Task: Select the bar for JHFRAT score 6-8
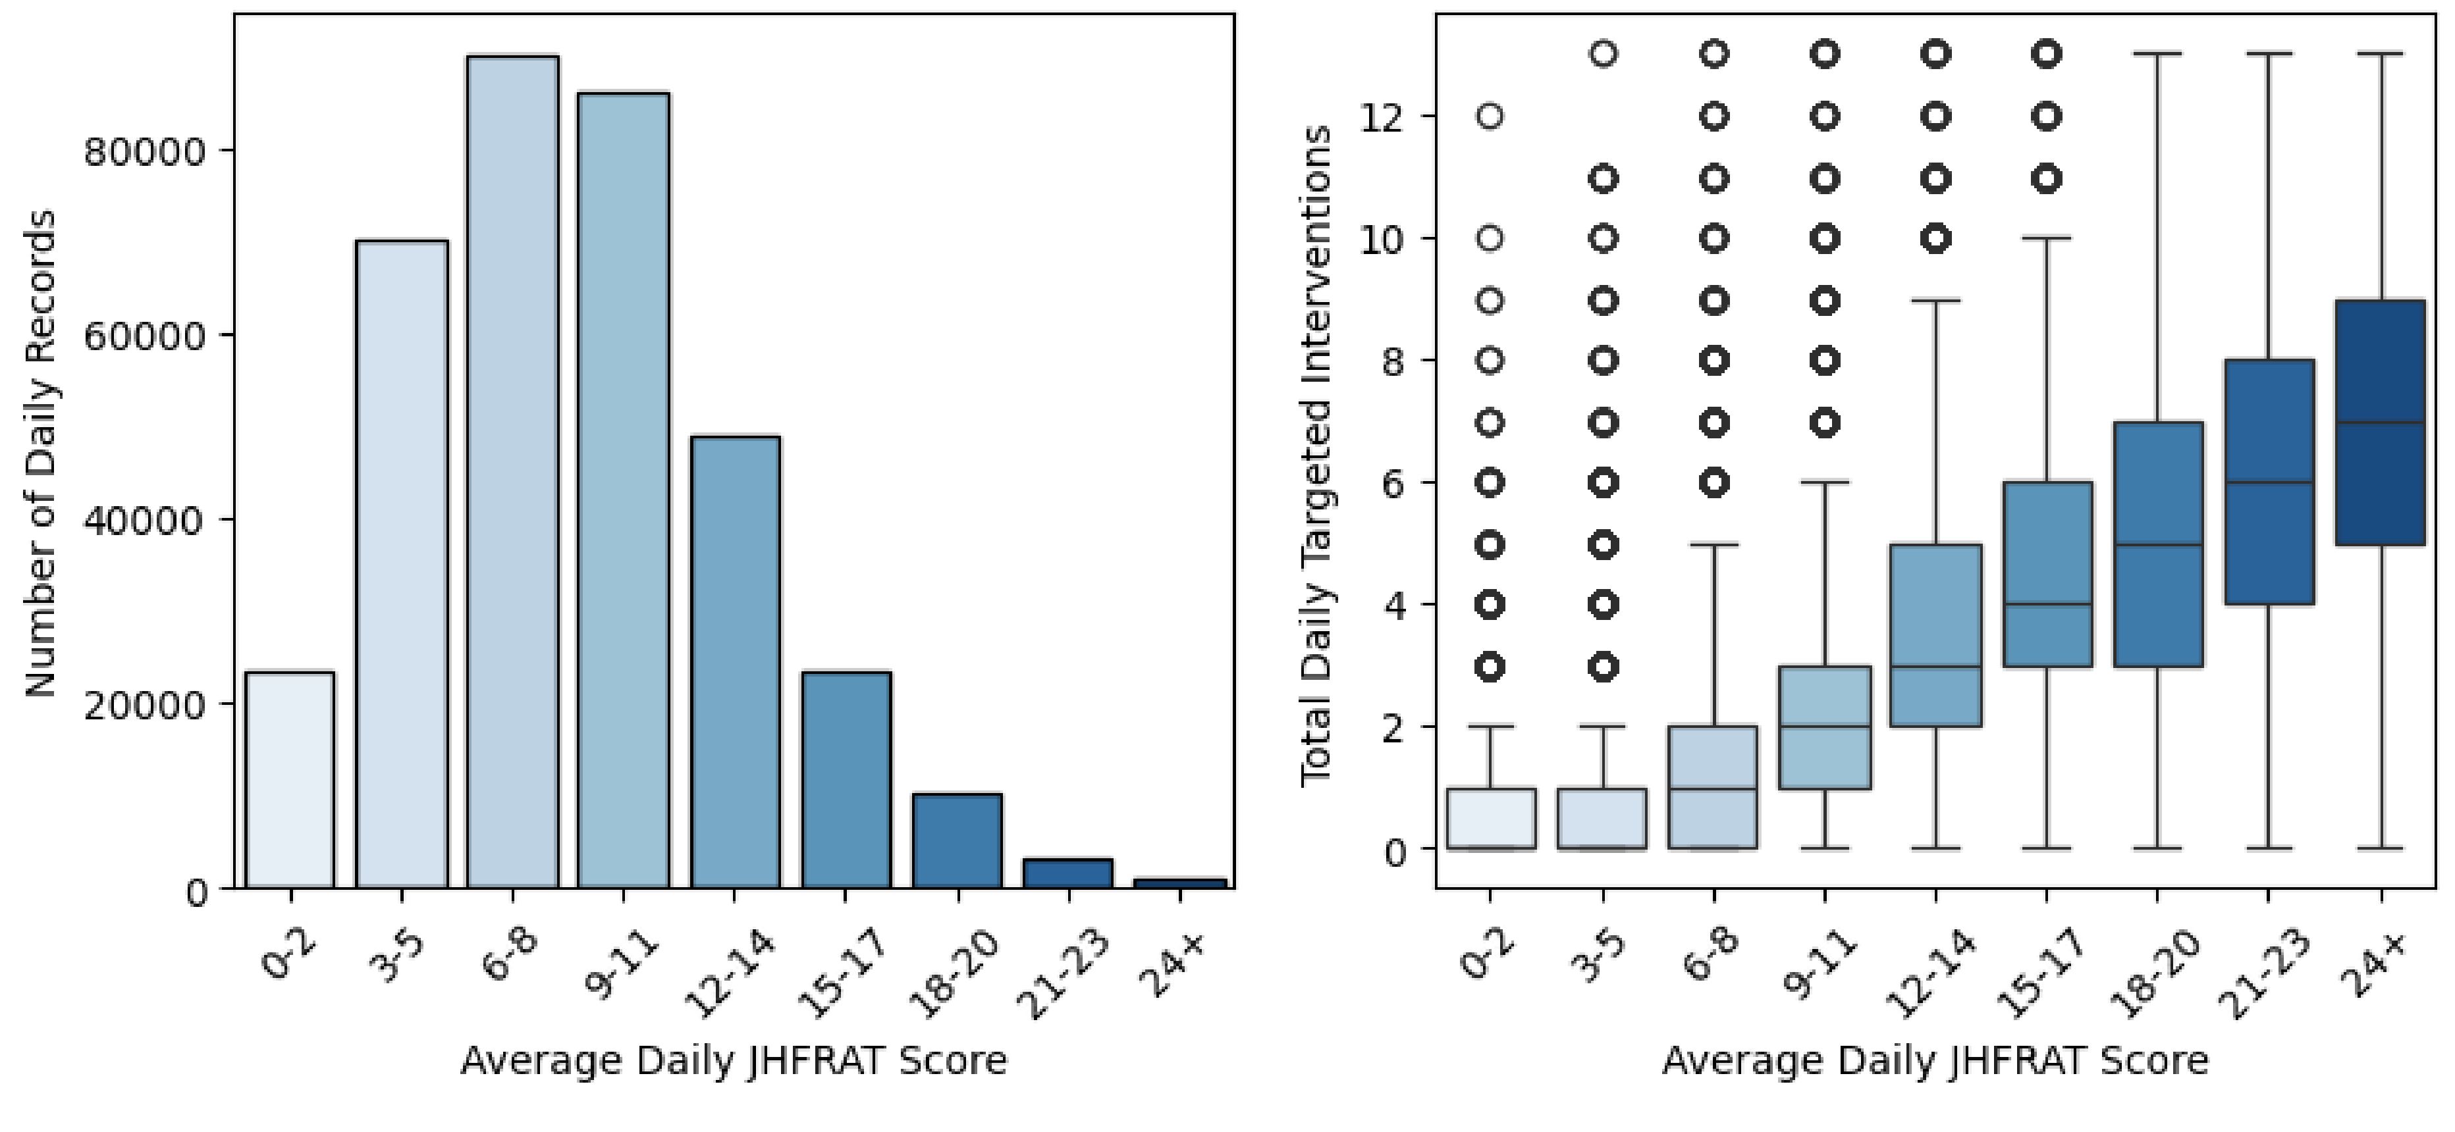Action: [x=513, y=472]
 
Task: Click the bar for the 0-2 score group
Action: [x=290, y=779]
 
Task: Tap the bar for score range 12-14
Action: [x=735, y=661]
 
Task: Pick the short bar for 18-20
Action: [x=957, y=840]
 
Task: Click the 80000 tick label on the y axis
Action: [x=145, y=153]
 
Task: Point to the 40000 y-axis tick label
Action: [x=145, y=521]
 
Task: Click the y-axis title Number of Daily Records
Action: [x=40, y=453]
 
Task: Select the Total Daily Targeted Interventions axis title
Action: [x=1316, y=455]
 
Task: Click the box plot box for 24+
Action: [x=2380, y=422]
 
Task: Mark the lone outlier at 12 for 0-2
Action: [x=1490, y=116]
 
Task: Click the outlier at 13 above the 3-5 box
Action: [x=1604, y=55]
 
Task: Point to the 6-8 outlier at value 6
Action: [x=1715, y=483]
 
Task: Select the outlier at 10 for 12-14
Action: [x=1935, y=238]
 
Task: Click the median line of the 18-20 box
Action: [x=2157, y=545]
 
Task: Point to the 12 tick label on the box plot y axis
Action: [x=1382, y=117]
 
